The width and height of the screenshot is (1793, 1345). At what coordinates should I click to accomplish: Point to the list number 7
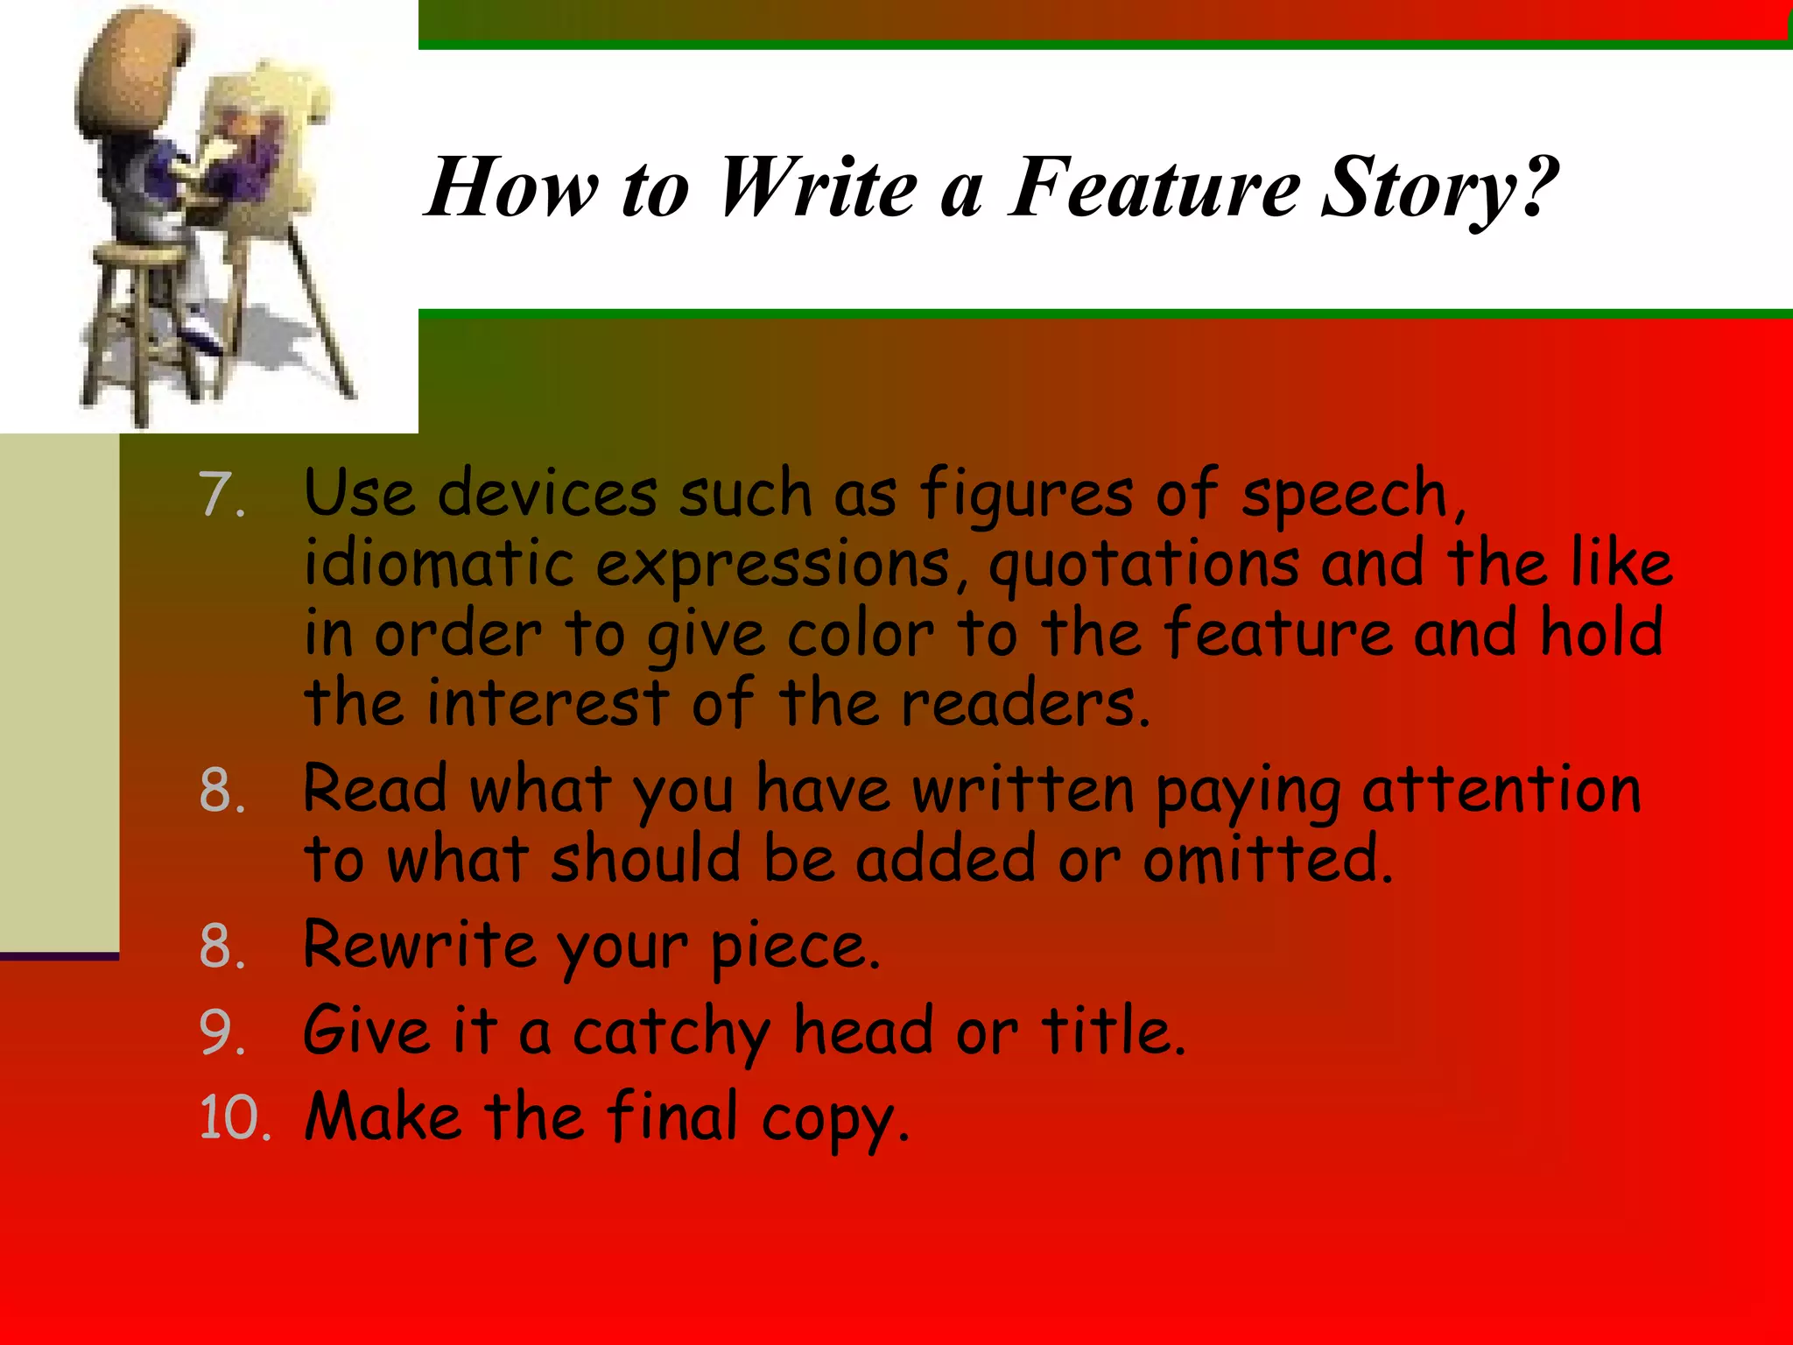pyautogui.click(x=221, y=495)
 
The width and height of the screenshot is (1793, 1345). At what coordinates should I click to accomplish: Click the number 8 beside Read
pyautogui.click(x=221, y=790)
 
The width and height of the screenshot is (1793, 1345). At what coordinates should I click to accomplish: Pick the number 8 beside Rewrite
pyautogui.click(x=221, y=947)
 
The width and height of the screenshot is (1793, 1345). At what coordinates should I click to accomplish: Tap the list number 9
pyautogui.click(x=221, y=1032)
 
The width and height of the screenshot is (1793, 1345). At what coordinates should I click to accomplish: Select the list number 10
pyautogui.click(x=235, y=1117)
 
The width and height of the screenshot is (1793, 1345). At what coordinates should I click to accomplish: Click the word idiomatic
pyautogui.click(x=438, y=563)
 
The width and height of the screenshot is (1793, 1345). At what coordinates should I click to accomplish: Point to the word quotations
pyautogui.click(x=1143, y=565)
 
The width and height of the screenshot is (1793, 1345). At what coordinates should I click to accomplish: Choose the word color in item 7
pyautogui.click(x=861, y=633)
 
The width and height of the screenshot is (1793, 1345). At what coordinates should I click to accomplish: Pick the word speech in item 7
pyautogui.click(x=1353, y=496)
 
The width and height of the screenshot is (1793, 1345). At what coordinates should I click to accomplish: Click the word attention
pyautogui.click(x=1501, y=790)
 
